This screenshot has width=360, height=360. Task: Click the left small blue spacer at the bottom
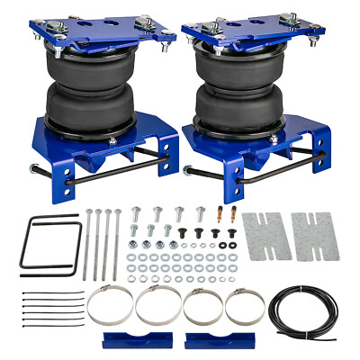point(130,340)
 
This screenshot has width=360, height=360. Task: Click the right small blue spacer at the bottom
point(208,340)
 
